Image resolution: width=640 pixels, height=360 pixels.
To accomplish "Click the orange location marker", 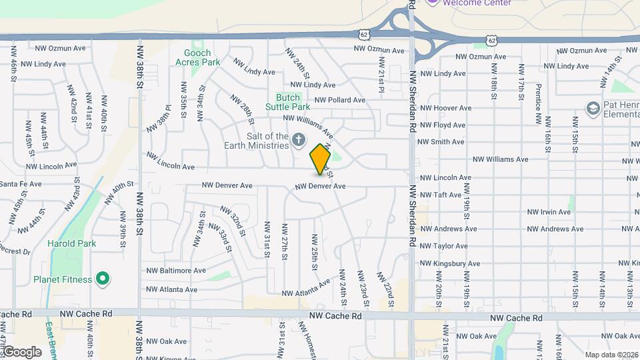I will click(321, 159).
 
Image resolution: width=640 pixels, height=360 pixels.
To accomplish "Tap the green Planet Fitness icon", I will click(103, 279).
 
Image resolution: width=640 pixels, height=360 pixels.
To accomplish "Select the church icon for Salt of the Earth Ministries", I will click(299, 140).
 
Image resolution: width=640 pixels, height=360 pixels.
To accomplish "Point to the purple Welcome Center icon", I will click(433, 2).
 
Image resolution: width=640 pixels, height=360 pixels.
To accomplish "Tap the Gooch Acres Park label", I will click(197, 57).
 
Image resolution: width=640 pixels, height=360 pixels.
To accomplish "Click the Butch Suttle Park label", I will click(288, 101).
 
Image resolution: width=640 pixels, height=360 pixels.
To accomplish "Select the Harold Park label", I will click(71, 243).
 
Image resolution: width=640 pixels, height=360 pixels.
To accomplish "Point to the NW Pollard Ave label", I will click(340, 100).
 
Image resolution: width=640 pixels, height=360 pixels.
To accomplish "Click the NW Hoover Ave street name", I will click(444, 108).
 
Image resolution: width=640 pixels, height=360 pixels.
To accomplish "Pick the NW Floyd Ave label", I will click(441, 125).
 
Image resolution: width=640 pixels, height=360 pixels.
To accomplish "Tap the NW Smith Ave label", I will click(441, 142).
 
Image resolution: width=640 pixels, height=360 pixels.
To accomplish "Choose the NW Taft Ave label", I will click(440, 195).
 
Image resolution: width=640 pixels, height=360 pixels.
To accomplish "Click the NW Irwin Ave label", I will click(549, 212).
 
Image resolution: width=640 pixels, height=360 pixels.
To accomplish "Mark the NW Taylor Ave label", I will click(441, 246).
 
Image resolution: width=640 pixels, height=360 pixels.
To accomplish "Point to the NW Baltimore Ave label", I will click(177, 271).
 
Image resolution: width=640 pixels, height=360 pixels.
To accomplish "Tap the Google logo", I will click(21, 352).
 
